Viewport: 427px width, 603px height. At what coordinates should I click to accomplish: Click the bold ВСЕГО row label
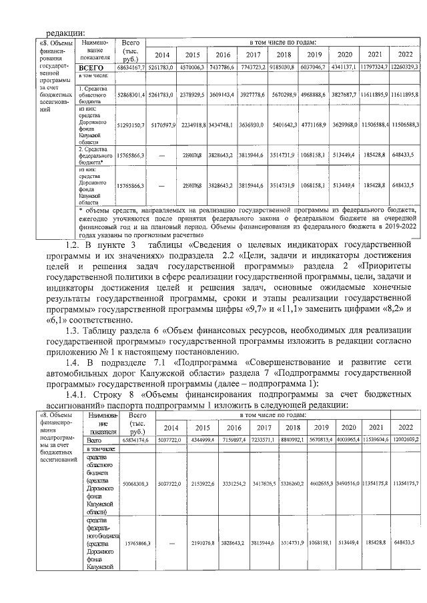(91, 68)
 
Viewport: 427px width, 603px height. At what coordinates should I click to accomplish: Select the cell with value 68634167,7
(131, 68)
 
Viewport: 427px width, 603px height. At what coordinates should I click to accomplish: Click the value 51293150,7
(131, 125)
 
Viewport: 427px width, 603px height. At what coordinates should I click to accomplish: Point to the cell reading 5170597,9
(161, 125)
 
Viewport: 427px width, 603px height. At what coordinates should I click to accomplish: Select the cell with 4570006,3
(192, 68)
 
